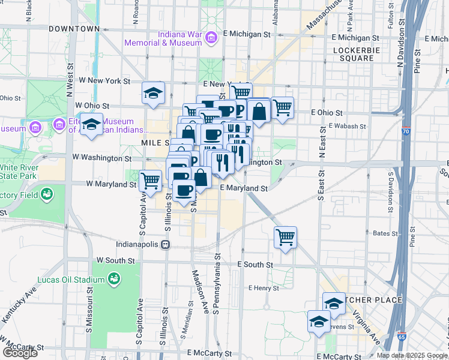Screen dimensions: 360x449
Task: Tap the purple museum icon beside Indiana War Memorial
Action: (211, 39)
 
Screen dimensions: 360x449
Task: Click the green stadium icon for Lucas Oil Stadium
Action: (113, 278)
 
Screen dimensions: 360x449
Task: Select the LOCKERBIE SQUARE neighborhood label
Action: (357, 54)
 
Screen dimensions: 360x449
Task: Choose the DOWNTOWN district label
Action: (74, 28)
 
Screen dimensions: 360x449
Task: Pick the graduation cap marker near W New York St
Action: (153, 92)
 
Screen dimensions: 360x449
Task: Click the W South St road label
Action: (115, 260)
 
